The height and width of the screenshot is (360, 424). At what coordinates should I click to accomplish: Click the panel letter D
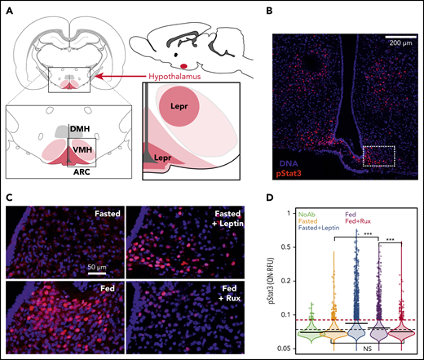pyautogui.click(x=293, y=198)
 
